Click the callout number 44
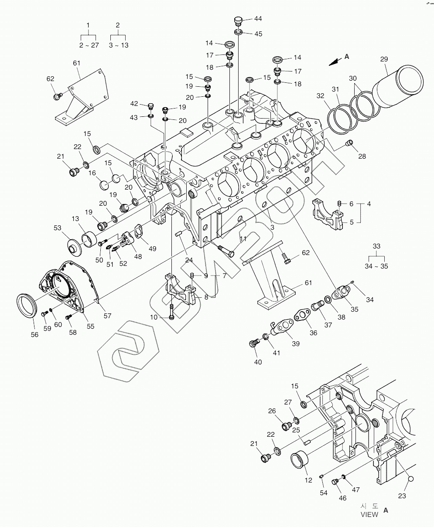click(x=258, y=19)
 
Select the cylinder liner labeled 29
click(x=400, y=86)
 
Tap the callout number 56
click(x=34, y=334)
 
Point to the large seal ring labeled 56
click(x=27, y=306)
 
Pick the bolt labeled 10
click(x=172, y=311)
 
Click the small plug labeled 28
click(x=349, y=143)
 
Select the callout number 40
click(x=258, y=362)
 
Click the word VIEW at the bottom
click(x=369, y=514)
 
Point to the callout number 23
click(x=402, y=496)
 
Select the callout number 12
click(x=308, y=480)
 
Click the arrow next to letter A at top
click(x=334, y=62)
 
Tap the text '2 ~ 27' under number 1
click(x=89, y=45)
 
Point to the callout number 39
click(x=295, y=343)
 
